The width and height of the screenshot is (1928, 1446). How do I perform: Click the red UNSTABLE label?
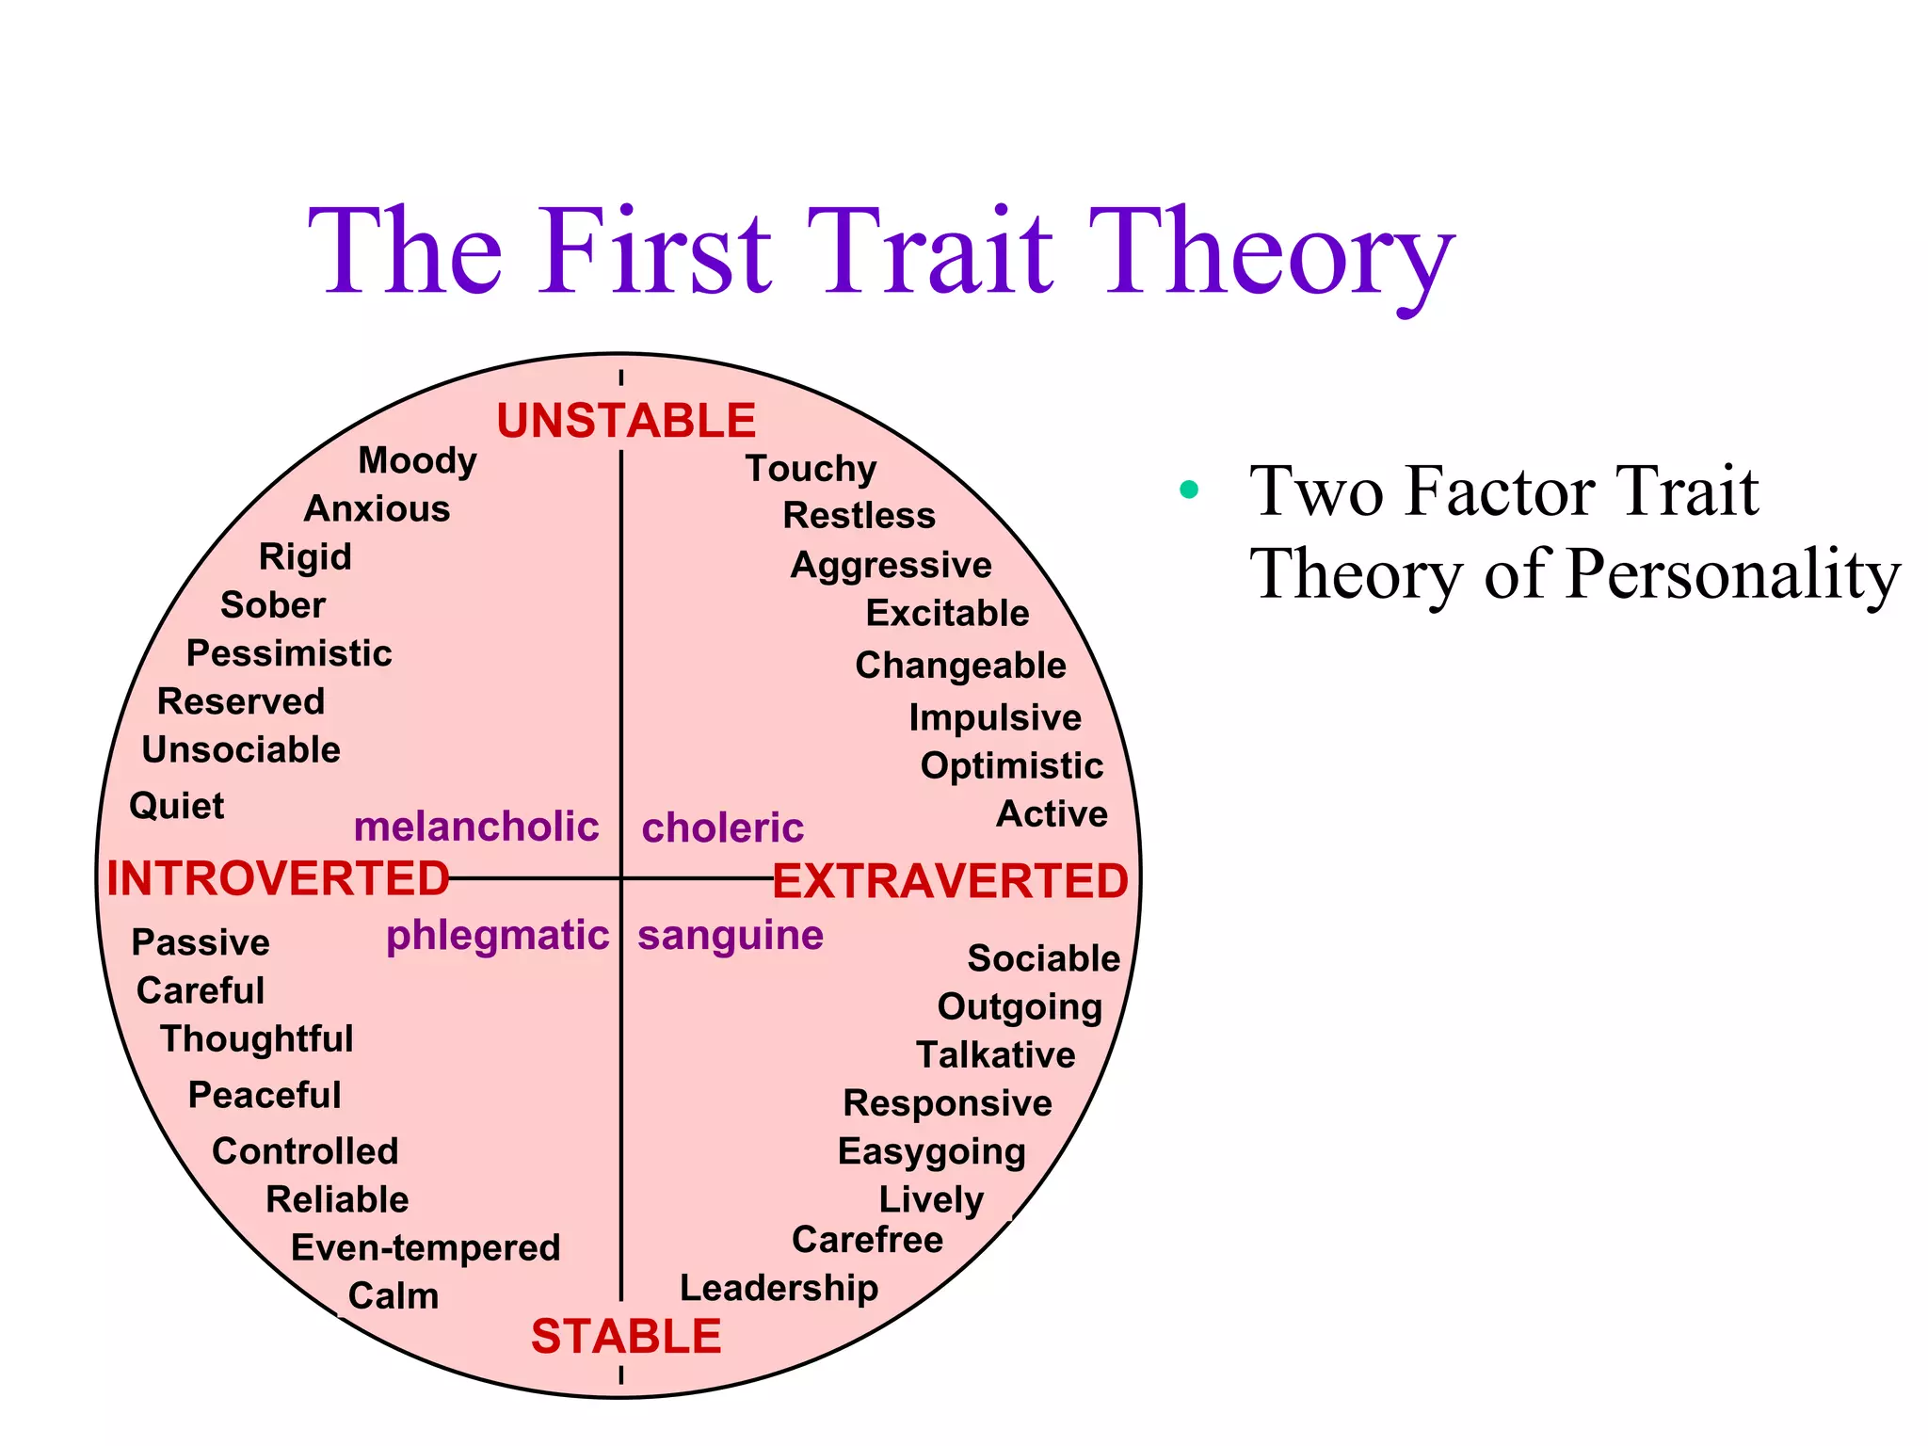point(626,421)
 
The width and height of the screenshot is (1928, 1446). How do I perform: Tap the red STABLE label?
point(626,1336)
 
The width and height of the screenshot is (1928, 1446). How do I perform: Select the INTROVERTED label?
point(278,878)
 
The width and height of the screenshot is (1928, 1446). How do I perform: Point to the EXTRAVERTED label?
point(950,882)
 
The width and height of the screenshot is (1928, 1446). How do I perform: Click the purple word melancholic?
point(476,827)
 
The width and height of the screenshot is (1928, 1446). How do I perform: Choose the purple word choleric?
point(722,828)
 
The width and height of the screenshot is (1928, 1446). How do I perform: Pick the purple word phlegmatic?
point(498,936)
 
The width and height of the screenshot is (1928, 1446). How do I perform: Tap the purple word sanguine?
point(731,936)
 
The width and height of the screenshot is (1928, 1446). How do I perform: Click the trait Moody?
point(417,461)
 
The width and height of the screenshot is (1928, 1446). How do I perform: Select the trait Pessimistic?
point(289,653)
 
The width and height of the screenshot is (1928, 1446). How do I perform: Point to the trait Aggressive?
point(891,565)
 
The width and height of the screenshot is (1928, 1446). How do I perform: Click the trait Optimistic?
point(1011,766)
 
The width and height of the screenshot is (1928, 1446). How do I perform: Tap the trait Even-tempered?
point(426,1248)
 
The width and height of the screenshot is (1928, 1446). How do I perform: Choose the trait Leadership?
point(779,1288)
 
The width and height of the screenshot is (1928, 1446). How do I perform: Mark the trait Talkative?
point(995,1055)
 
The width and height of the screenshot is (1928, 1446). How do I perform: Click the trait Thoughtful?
point(256,1039)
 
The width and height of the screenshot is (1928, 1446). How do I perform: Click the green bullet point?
point(1189,490)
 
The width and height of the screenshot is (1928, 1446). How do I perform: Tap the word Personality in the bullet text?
point(1733,574)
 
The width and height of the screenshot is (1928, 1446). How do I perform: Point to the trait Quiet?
point(176,807)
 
